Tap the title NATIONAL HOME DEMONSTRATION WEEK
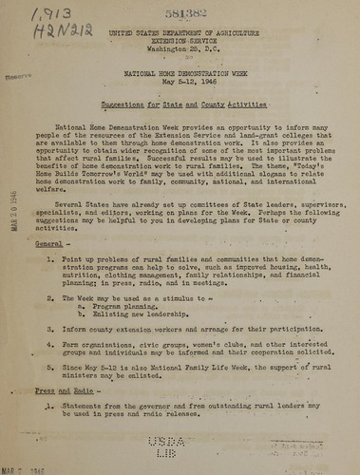coord(180,74)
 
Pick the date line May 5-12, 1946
coord(180,84)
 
